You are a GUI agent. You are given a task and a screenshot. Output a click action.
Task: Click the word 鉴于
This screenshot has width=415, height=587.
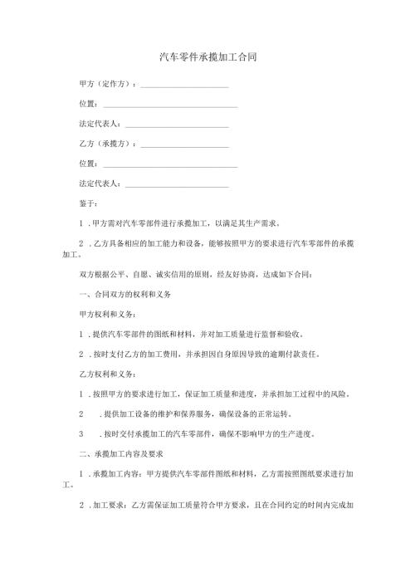[x=85, y=203]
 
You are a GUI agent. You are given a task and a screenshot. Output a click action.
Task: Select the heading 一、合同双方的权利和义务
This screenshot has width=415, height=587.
[x=124, y=296]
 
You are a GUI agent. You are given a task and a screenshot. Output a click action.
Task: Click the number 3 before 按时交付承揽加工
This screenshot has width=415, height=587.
[x=81, y=434]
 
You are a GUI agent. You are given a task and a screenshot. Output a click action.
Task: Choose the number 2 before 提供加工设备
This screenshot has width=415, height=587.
[x=81, y=414]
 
